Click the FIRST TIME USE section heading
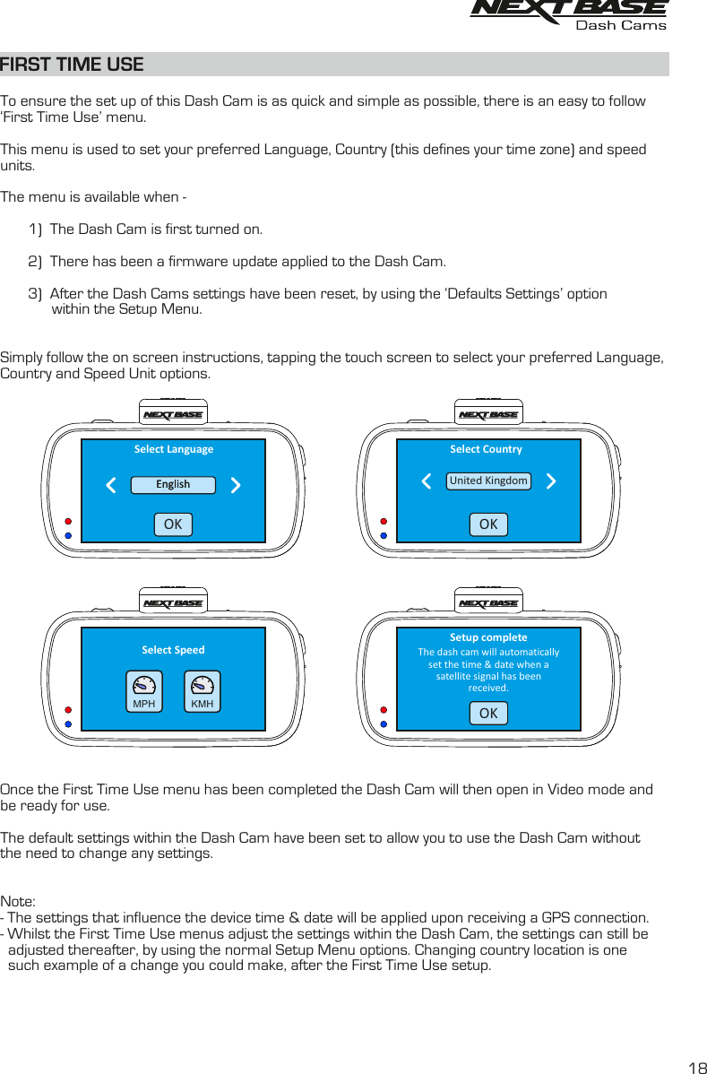[x=72, y=65]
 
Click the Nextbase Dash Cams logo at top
[x=569, y=15]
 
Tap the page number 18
[x=695, y=1067]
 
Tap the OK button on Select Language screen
[x=173, y=524]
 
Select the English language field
[x=173, y=485]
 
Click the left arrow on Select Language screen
[x=111, y=486]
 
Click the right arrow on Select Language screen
[x=236, y=486]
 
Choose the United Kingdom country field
[x=488, y=481]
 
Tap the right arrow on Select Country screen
[x=551, y=481]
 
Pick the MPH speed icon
[x=143, y=691]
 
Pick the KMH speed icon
[x=203, y=691]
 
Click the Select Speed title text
[x=173, y=650]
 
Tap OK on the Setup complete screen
[x=488, y=714]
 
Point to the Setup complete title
[x=488, y=637]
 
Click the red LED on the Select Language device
[x=68, y=520]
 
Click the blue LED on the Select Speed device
[x=68, y=723]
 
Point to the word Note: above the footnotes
[x=18, y=901]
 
